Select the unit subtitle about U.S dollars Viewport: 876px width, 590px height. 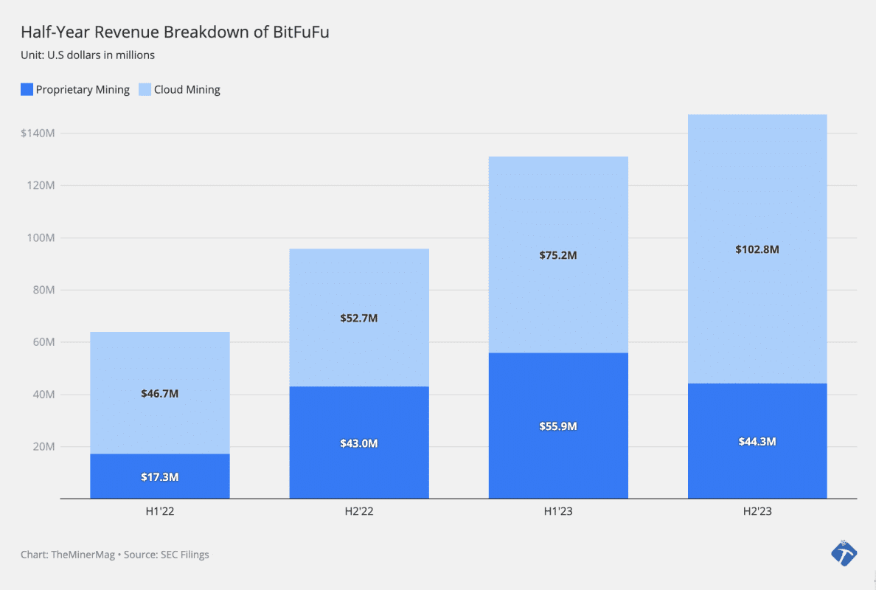(88, 55)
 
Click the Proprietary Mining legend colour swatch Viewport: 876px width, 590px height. (27, 90)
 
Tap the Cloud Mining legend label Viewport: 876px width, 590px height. (187, 90)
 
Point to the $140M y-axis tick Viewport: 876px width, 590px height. (38, 133)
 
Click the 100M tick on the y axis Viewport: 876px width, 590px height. (41, 238)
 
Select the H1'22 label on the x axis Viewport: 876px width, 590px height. (160, 510)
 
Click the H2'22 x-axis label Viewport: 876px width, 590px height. (359, 510)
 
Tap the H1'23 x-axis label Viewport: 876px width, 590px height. (558, 510)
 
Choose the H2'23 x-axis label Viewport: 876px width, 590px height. (757, 510)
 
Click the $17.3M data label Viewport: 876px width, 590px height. (160, 477)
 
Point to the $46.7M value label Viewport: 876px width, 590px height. (160, 394)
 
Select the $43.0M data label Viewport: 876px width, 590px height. (359, 443)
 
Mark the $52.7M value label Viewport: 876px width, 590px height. (359, 319)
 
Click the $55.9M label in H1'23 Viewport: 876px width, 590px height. (558, 426)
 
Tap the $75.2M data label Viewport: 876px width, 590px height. (558, 255)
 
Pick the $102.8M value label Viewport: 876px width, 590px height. (757, 249)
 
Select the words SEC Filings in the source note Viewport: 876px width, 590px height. (184, 555)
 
